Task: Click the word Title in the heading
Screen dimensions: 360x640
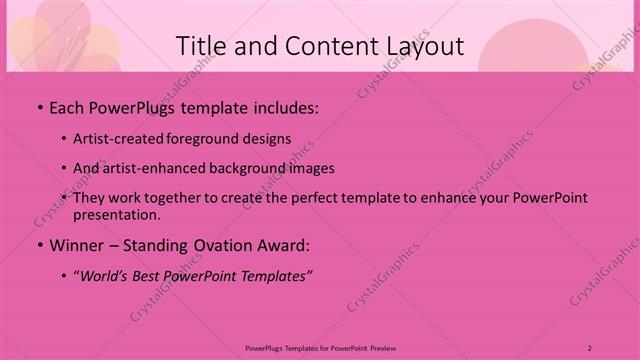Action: (x=201, y=46)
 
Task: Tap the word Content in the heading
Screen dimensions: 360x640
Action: (x=323, y=46)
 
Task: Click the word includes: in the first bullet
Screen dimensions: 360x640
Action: (x=283, y=106)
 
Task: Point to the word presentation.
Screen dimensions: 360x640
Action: (x=115, y=214)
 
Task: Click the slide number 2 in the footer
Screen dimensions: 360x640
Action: (x=590, y=348)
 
